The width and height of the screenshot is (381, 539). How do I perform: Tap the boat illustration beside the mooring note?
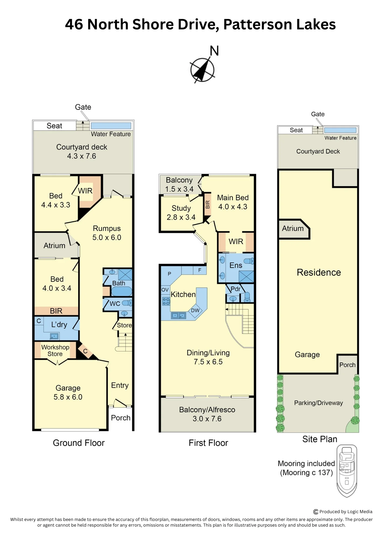(x=347, y=471)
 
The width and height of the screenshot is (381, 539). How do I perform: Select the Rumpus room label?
(x=107, y=229)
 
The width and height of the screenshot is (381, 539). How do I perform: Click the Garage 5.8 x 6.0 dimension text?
(x=68, y=397)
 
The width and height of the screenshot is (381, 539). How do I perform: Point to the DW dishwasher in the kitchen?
(x=195, y=310)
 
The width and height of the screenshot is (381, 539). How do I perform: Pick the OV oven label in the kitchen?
(x=165, y=290)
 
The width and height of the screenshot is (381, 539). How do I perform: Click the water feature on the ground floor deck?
(x=111, y=126)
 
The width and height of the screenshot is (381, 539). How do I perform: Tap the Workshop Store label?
(x=55, y=351)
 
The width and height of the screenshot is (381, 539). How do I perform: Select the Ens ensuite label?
(x=236, y=265)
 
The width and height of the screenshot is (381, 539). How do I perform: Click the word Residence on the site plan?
(x=319, y=272)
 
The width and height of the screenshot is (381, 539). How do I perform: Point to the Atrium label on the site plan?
(x=293, y=229)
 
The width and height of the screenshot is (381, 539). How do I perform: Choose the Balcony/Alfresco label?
(x=207, y=410)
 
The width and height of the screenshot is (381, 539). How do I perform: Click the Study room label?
(x=181, y=208)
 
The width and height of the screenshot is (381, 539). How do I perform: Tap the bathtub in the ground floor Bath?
(x=122, y=291)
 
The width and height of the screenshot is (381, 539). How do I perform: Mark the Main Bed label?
(x=233, y=198)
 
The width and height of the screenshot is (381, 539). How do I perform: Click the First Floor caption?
(x=208, y=443)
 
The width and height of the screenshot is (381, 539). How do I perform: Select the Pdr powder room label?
(x=235, y=289)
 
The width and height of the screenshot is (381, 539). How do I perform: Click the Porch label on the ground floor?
(x=121, y=418)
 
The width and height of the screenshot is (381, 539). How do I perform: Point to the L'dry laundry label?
(x=59, y=325)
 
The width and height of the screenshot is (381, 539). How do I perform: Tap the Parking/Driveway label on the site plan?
(x=318, y=403)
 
